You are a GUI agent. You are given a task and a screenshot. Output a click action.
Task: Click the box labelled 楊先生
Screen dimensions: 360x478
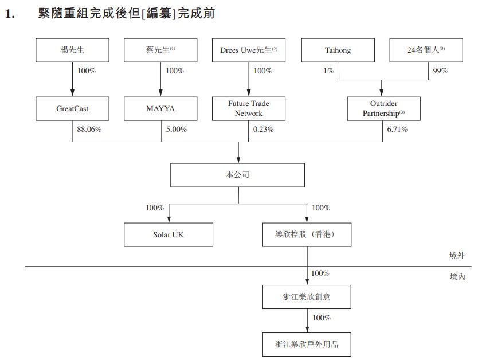pos(72,50)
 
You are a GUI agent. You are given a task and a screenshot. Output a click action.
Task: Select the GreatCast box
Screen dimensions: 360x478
pos(72,108)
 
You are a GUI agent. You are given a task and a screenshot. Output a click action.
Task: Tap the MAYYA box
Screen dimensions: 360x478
pos(160,108)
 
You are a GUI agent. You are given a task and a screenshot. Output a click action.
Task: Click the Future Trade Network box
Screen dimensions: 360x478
pos(248,108)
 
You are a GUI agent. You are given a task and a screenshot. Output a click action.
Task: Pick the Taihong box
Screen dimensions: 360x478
pos(338,50)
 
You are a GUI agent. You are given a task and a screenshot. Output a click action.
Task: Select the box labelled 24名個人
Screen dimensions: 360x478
pos(426,50)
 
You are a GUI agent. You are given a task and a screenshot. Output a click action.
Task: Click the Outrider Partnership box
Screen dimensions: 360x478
pos(383,108)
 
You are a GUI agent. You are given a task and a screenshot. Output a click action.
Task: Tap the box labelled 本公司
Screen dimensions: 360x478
pos(238,175)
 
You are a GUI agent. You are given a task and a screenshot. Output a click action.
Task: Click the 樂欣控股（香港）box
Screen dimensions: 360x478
pos(307,235)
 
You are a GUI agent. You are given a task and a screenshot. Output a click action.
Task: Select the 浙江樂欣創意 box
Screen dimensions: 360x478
pos(307,297)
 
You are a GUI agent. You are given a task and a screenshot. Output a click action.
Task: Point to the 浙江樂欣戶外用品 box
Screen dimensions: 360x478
pos(307,345)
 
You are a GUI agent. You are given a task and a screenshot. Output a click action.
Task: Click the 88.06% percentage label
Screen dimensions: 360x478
pos(89,130)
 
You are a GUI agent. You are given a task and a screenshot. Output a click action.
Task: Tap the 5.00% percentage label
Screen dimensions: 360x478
pos(176,130)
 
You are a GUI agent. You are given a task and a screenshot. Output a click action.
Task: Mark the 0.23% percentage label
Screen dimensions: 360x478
pos(263,130)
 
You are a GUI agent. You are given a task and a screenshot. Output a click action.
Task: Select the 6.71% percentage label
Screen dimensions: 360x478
pos(397,130)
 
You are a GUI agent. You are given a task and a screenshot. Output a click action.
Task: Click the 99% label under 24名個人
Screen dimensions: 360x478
pos(440,71)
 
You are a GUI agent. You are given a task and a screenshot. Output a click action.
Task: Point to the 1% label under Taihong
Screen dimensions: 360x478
pos(327,71)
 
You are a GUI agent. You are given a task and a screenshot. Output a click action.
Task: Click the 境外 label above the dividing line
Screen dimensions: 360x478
pos(457,256)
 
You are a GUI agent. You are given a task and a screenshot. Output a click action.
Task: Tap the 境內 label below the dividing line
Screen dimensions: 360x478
pos(457,277)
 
